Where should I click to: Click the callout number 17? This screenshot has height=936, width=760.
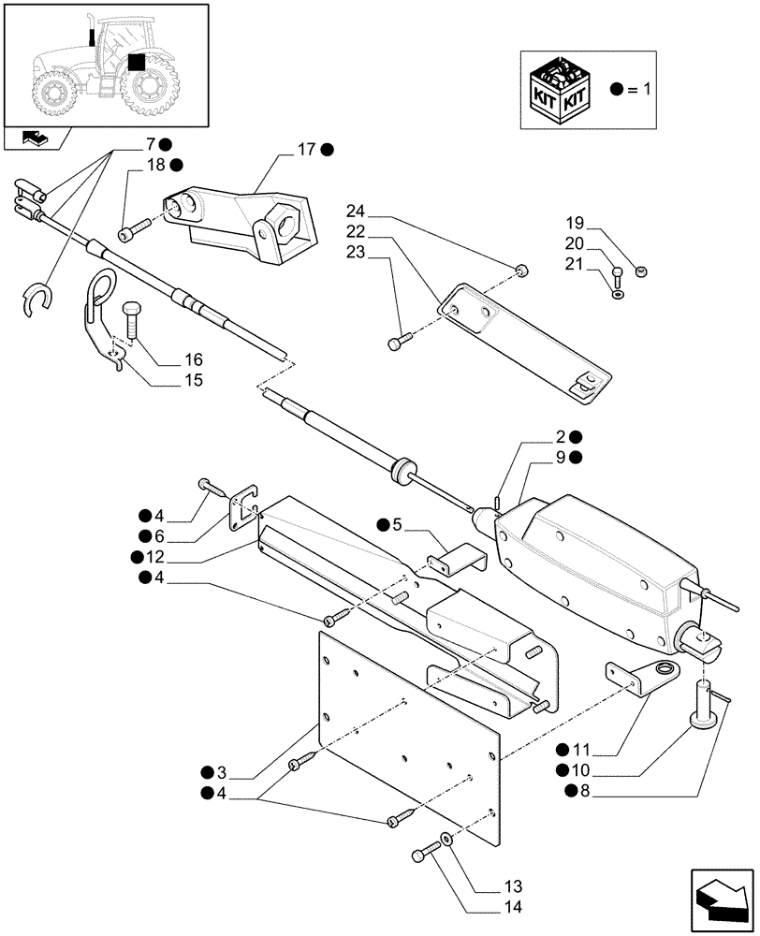[x=307, y=149]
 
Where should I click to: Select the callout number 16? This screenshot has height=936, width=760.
[x=194, y=359]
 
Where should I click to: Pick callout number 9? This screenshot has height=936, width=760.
[x=560, y=457]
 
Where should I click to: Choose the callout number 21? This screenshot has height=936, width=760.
[x=575, y=264]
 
